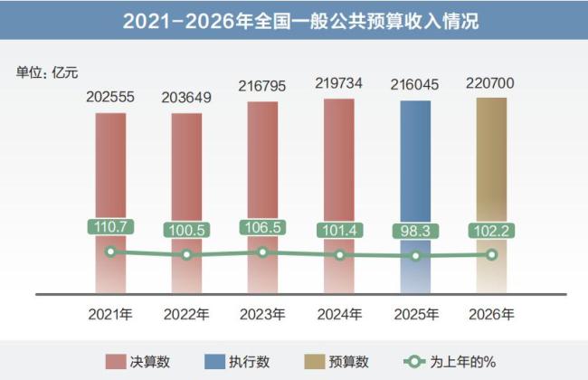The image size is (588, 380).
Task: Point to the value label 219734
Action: pyautogui.click(x=339, y=83)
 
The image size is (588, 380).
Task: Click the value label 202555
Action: pyautogui.click(x=110, y=97)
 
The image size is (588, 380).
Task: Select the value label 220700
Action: pyautogui.click(x=491, y=83)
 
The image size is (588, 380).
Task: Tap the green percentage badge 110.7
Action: pyautogui.click(x=110, y=227)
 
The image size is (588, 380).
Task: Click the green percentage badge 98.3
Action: pyautogui.click(x=415, y=232)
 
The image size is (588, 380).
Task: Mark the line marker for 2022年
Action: pyautogui.click(x=186, y=255)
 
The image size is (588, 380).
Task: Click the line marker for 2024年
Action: pyautogui.click(x=339, y=255)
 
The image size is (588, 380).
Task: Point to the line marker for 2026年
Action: pyautogui.click(x=491, y=254)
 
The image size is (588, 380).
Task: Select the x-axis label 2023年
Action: pyautogui.click(x=262, y=316)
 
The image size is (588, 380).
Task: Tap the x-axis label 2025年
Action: pyautogui.click(x=415, y=316)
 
